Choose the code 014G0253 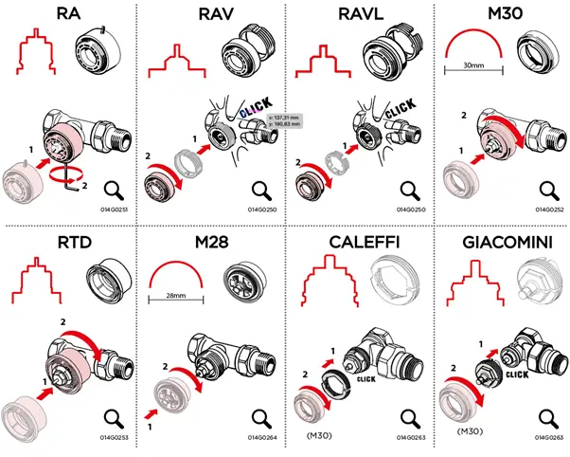(x=113, y=438)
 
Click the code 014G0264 (x=258, y=438)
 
